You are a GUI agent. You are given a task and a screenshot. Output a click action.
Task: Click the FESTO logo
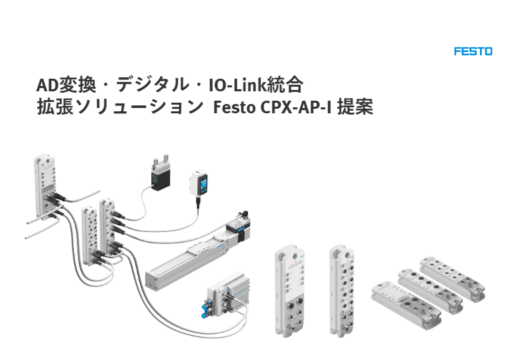473,51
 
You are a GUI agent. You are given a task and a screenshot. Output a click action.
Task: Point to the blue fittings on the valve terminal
203,308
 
